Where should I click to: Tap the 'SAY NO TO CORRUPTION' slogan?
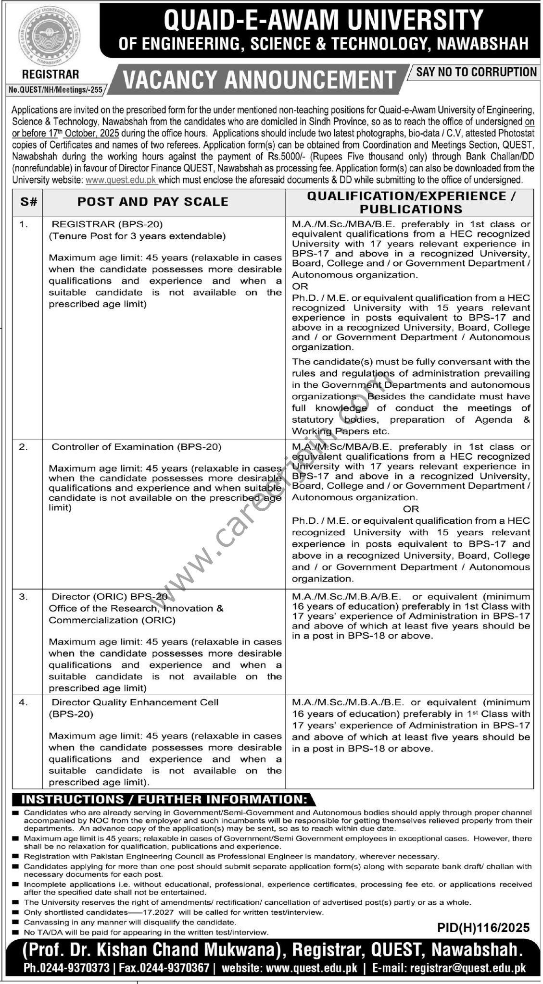click(476, 72)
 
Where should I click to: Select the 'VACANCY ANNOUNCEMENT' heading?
click(259, 80)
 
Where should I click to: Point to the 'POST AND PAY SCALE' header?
click(153, 202)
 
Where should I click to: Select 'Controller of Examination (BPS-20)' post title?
click(136, 447)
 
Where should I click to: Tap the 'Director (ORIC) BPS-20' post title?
click(110, 597)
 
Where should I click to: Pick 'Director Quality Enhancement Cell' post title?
click(135, 702)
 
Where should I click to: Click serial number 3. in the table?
click(23, 597)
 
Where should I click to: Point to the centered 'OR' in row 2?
click(411, 509)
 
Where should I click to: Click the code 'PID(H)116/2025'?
click(483, 927)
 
